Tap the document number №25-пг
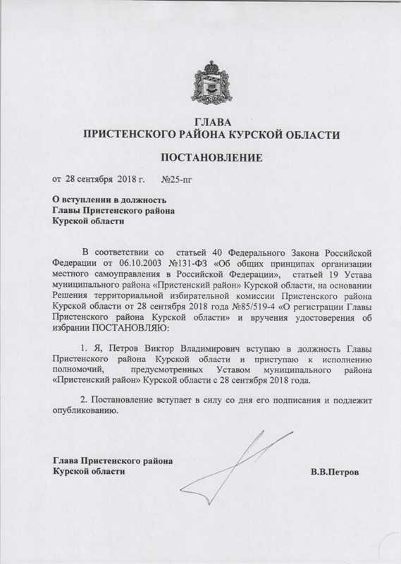pos(176,180)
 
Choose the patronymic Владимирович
pos(220,350)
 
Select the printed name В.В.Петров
pos(335,472)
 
